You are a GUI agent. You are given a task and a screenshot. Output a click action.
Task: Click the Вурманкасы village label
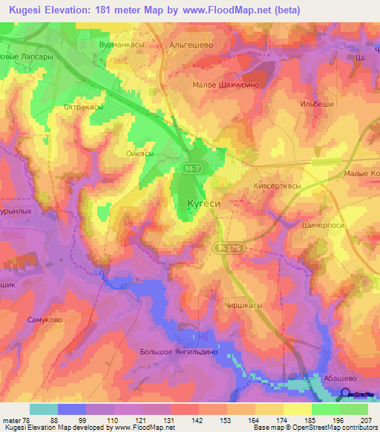tap(122, 45)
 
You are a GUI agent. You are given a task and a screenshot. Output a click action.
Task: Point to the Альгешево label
tap(191, 45)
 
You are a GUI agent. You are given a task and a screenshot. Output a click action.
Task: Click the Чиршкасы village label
tap(243, 304)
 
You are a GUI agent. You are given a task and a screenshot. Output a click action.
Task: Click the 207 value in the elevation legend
tap(367, 420)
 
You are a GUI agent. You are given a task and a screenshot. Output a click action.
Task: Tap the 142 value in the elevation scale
tap(197, 420)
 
